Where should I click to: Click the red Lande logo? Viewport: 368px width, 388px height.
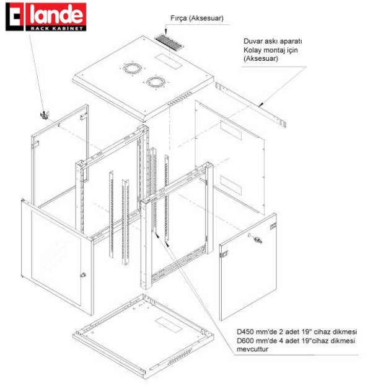[x=46, y=13]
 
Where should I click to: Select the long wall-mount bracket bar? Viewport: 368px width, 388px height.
[x=252, y=103]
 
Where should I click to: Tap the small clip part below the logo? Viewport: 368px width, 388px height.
[x=43, y=115]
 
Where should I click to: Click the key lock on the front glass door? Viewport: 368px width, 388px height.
[x=82, y=275]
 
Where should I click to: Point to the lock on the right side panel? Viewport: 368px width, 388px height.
[x=255, y=239]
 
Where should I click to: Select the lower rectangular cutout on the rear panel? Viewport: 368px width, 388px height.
[x=232, y=184]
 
